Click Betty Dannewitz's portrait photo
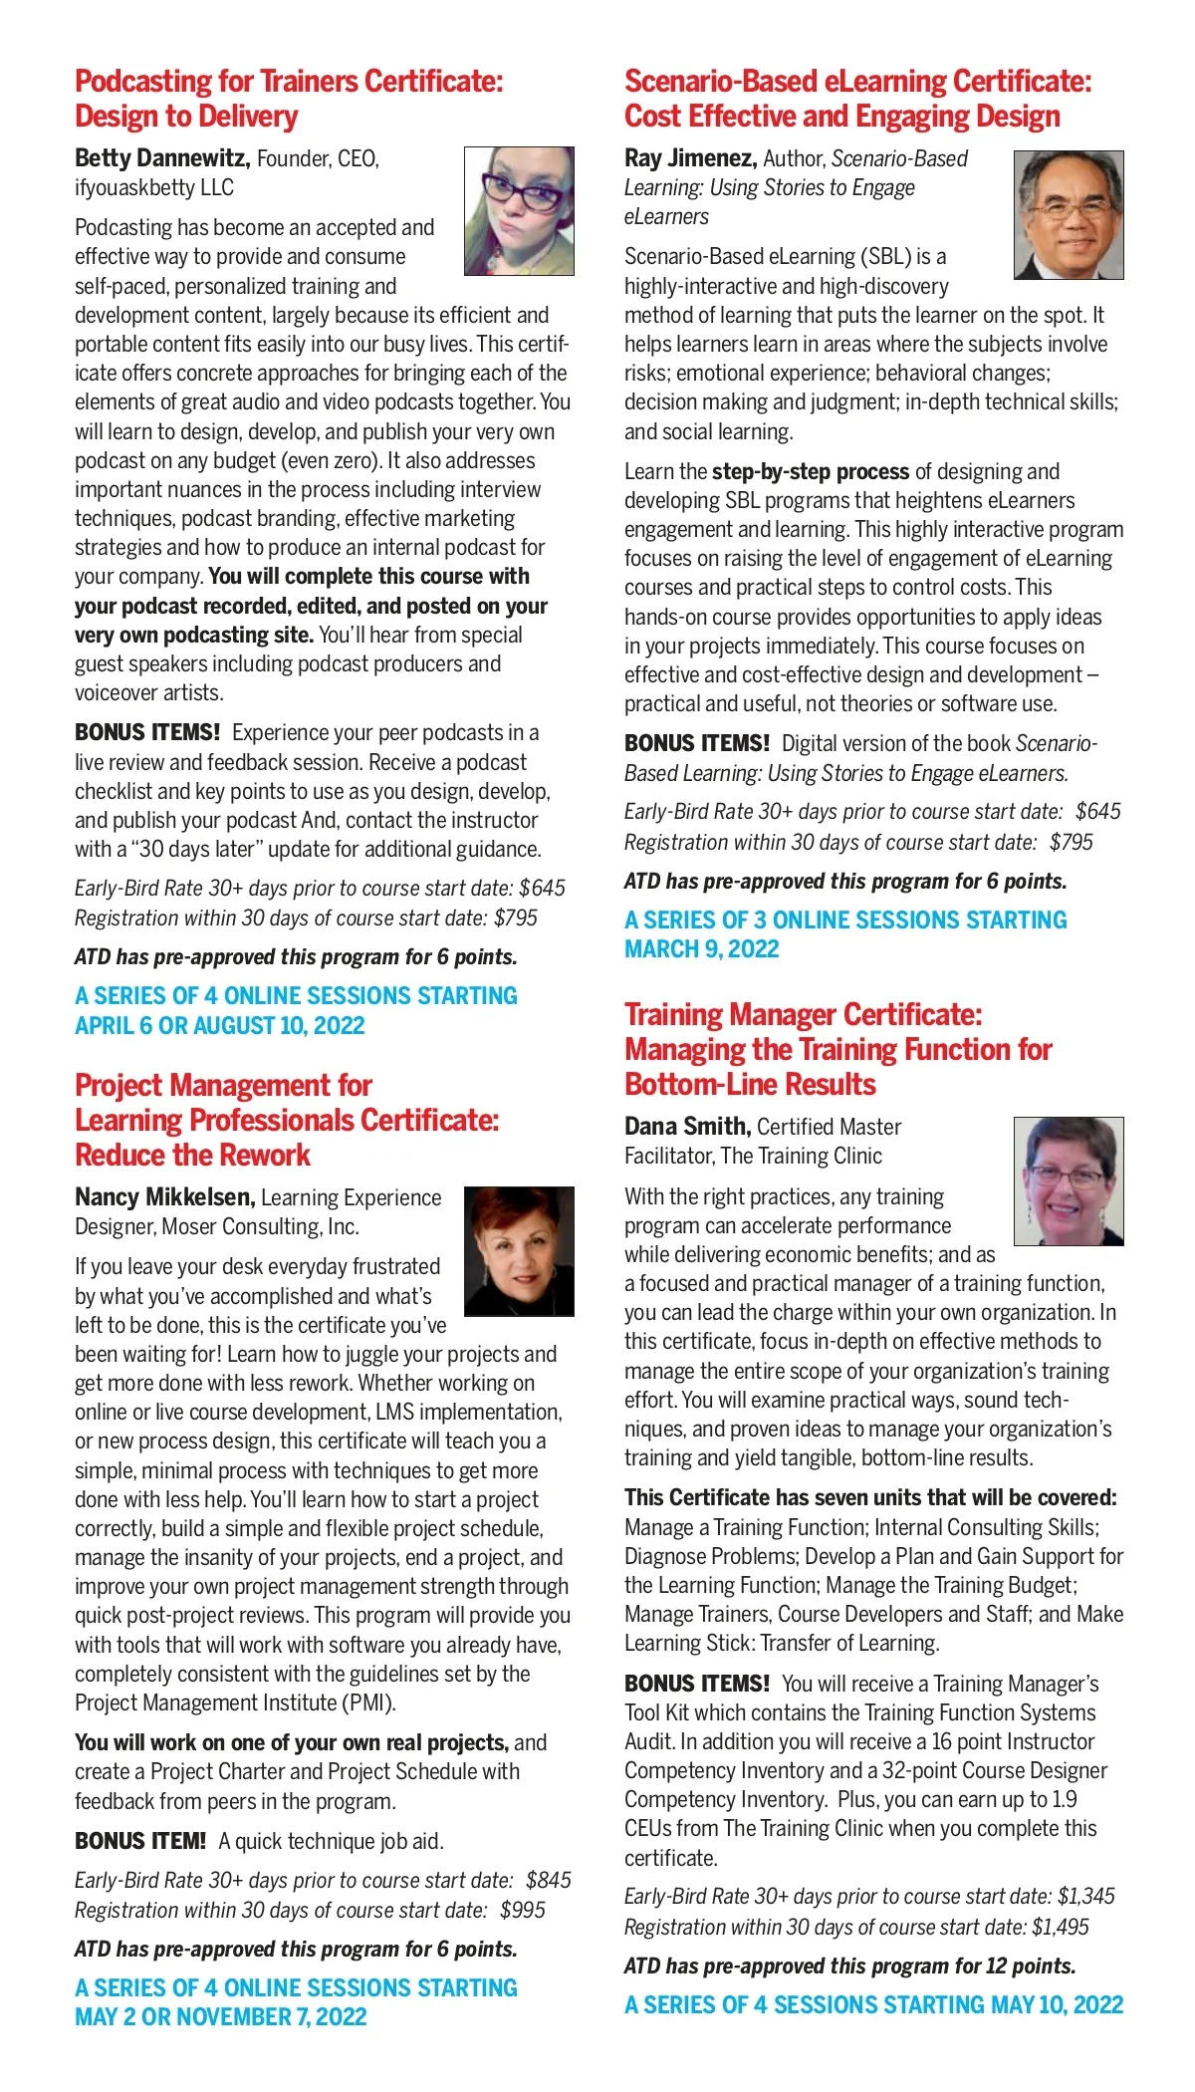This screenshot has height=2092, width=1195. point(519,211)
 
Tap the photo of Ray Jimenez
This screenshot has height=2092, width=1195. point(1069,215)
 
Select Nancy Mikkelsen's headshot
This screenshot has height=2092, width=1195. point(519,1250)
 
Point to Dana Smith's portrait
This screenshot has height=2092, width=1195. point(1069,1180)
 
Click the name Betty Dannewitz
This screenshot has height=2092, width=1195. point(161,158)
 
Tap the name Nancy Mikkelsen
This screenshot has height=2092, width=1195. point(164,1197)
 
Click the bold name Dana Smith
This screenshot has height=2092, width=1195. point(686,1127)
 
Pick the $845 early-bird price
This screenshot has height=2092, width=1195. point(549,1880)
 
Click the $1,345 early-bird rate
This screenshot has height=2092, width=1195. point(1085,1896)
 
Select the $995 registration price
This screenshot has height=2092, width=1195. point(523,1910)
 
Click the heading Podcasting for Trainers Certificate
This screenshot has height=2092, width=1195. point(289,82)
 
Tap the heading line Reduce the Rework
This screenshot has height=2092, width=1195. point(192,1156)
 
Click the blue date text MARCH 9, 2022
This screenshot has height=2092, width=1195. point(701,949)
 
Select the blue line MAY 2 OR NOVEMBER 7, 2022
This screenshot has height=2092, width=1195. point(220,2017)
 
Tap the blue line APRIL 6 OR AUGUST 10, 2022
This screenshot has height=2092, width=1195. point(219,1026)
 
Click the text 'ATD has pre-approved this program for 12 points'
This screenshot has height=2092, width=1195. point(849,1965)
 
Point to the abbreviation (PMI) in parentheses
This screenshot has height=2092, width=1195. point(368,1703)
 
